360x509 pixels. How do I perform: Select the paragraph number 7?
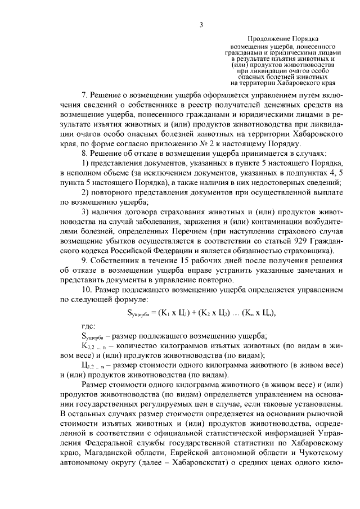pyautogui.click(x=84, y=96)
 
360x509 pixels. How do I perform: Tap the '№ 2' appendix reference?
pyautogui.click(x=225, y=143)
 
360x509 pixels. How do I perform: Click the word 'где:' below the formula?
pyautogui.click(x=88, y=325)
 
